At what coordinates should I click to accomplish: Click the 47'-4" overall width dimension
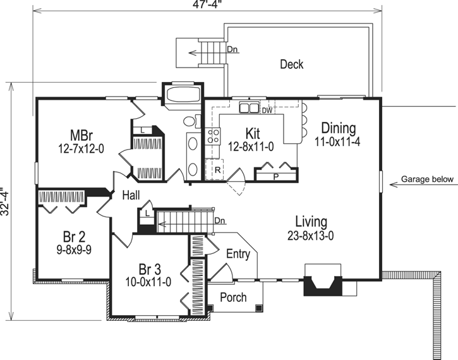pos(208,4)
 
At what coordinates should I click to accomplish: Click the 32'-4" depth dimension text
pos(6,201)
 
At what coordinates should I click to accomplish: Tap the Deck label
pos(291,64)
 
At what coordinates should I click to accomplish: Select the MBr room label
pos(83,135)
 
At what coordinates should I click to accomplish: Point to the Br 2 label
pos(74,237)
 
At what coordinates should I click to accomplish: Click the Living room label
pos(311,222)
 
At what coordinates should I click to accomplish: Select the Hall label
pos(131,196)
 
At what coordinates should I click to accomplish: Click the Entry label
pos(238,255)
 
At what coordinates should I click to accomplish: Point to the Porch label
pos(233,297)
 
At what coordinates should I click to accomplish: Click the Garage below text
pos(427,179)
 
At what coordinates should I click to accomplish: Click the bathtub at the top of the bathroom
pos(182,96)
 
